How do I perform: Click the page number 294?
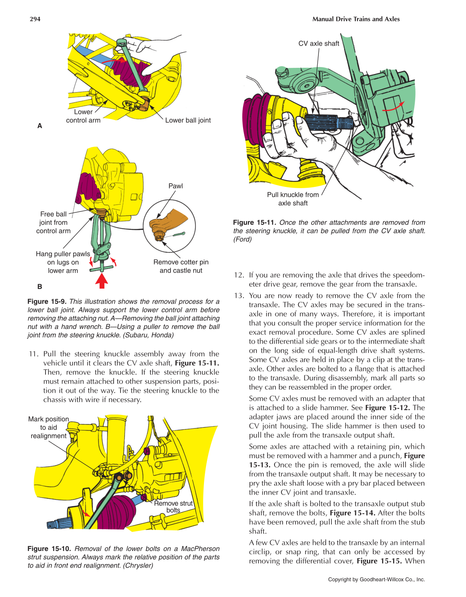click(x=35, y=19)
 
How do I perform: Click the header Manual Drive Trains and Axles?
click(x=356, y=19)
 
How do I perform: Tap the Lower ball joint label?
click(x=188, y=120)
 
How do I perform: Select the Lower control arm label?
click(x=83, y=116)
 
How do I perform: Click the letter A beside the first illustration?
click(x=40, y=126)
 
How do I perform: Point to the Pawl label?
click(x=175, y=186)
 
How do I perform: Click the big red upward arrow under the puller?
click(x=102, y=280)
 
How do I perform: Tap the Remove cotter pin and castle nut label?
click(x=181, y=266)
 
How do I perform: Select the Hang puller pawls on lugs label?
click(x=63, y=262)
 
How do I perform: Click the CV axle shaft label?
click(x=318, y=44)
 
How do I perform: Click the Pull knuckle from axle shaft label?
click(x=293, y=199)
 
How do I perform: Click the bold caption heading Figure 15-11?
click(x=254, y=222)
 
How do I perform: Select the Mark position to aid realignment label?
click(x=48, y=427)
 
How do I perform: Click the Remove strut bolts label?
click(x=173, y=507)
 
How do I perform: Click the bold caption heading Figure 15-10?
click(x=49, y=549)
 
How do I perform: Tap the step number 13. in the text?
click(x=239, y=295)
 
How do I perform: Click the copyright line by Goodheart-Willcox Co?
click(x=376, y=579)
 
